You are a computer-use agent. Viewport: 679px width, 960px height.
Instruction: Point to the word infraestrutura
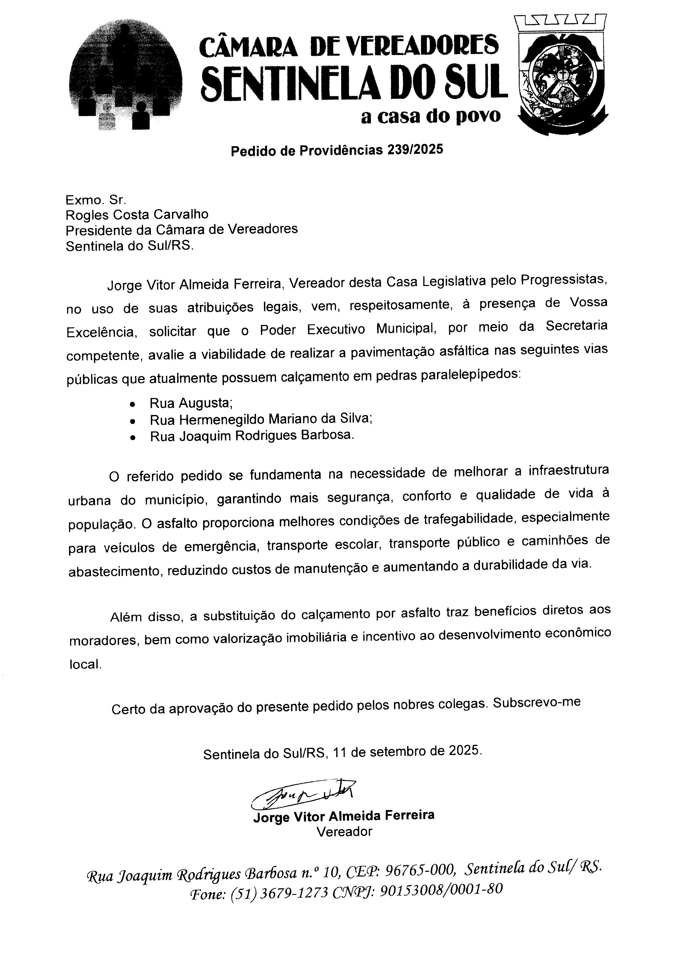[x=569, y=470]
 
